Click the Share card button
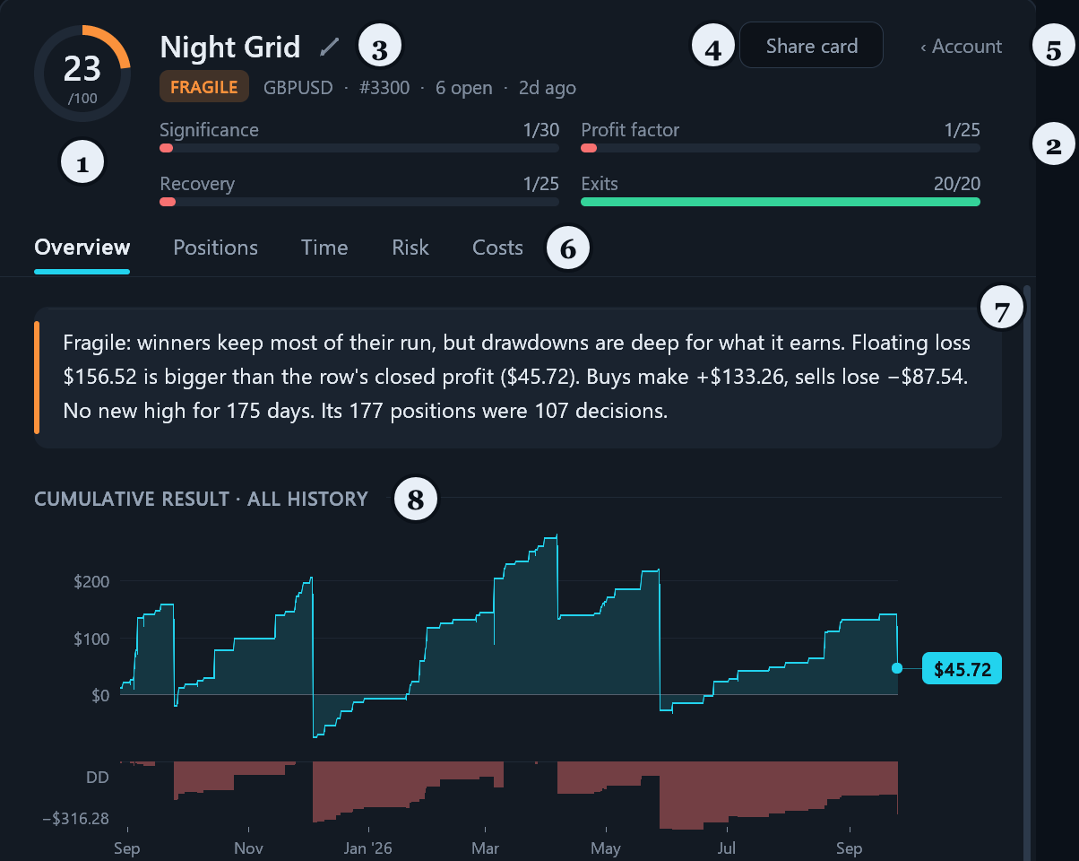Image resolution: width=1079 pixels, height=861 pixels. (811, 45)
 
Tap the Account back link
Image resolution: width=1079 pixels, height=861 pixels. (962, 46)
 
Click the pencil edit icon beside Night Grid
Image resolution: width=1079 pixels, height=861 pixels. (330, 47)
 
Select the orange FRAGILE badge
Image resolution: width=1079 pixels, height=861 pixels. (204, 87)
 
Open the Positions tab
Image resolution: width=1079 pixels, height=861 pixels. (216, 248)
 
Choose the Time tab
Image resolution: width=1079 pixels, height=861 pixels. (324, 248)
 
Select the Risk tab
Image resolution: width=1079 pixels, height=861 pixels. (410, 248)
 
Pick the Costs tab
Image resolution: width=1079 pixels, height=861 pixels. (497, 248)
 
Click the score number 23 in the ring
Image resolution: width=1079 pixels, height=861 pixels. (82, 69)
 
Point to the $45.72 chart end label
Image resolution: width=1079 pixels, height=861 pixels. (962, 668)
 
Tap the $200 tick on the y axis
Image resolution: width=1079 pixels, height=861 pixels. (91, 581)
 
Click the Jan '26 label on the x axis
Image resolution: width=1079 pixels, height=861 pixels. (368, 848)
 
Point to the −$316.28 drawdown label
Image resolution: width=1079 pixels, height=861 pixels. (75, 818)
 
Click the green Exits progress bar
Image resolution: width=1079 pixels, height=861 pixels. (781, 202)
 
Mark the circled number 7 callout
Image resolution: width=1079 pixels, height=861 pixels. (1002, 308)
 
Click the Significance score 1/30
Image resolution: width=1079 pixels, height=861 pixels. (541, 130)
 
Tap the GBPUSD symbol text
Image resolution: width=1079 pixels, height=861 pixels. (298, 88)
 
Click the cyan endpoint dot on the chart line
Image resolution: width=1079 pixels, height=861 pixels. (897, 668)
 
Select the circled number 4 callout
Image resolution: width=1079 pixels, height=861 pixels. (713, 46)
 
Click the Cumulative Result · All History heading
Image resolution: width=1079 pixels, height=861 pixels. (201, 499)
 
